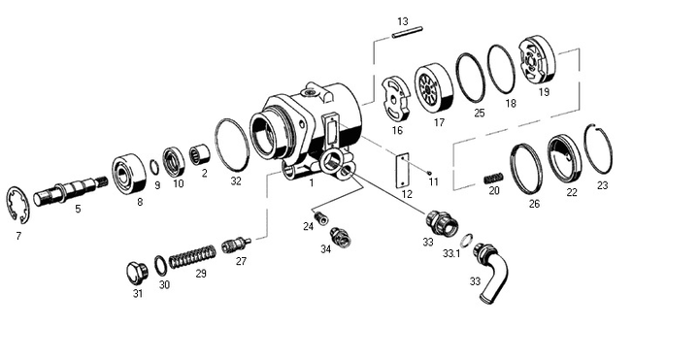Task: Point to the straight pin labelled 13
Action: point(407,33)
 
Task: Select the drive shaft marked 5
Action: point(70,190)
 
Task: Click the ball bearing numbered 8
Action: point(129,174)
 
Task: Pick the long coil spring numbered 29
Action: point(192,257)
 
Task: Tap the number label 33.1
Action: point(451,253)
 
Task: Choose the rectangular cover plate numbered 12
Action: point(403,171)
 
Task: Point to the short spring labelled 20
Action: point(494,178)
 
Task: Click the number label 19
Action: point(544,92)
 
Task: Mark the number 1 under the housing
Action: point(312,181)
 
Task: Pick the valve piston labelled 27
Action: point(236,245)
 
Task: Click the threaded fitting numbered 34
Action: point(340,237)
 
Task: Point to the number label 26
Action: point(534,204)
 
